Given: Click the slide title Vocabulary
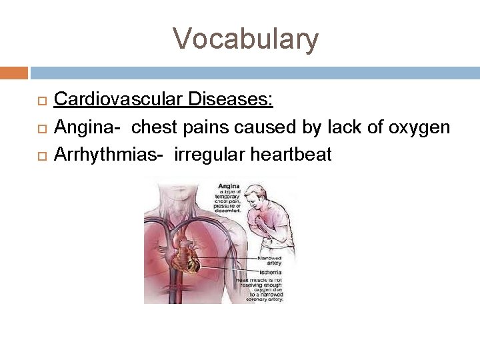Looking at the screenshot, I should click(x=246, y=39).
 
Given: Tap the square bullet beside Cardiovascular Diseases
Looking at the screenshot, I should click(x=41, y=101).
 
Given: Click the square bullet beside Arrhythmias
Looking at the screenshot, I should click(x=41, y=155).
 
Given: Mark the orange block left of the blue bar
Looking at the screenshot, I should click(x=14, y=73).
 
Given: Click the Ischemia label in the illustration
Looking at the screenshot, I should click(x=270, y=272).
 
